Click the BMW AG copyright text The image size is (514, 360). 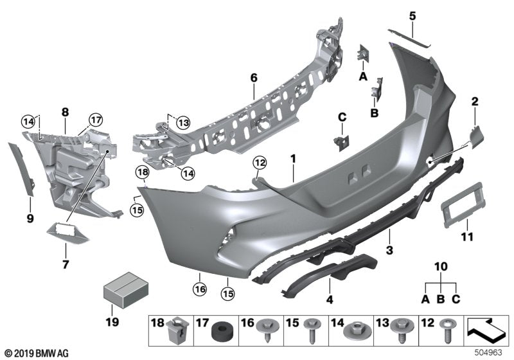pos(37,352)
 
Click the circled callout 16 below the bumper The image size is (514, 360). pos(200,290)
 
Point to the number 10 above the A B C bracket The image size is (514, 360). pos(440,267)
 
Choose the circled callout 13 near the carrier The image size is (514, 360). pos(184,122)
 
